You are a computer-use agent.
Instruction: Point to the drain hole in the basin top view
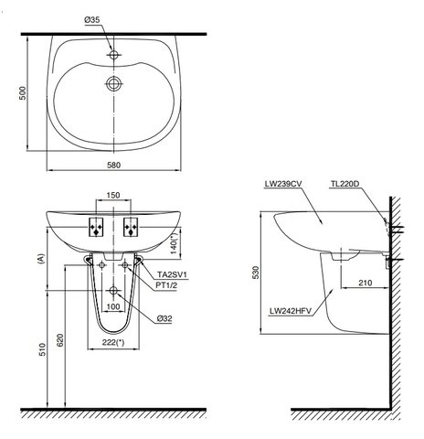114,85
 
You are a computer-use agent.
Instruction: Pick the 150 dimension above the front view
113,196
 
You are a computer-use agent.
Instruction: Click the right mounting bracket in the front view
130,226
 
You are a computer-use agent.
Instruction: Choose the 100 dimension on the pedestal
113,305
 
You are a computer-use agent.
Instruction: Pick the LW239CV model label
282,184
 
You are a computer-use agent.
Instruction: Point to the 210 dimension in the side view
364,283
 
